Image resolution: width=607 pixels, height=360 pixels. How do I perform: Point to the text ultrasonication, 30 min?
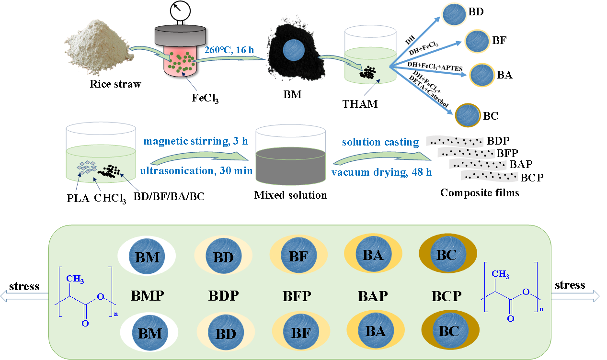(x=196, y=170)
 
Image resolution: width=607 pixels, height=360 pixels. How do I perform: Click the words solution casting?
(x=380, y=142)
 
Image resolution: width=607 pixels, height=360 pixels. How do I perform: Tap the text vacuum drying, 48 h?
(x=382, y=171)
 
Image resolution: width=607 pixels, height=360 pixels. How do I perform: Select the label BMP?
(x=148, y=296)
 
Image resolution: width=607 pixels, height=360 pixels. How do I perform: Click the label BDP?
(x=223, y=296)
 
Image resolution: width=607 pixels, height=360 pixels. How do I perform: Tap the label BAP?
(x=372, y=296)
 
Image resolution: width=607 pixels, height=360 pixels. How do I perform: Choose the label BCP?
(x=447, y=296)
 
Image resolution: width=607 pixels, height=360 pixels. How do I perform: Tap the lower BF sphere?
(x=301, y=332)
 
